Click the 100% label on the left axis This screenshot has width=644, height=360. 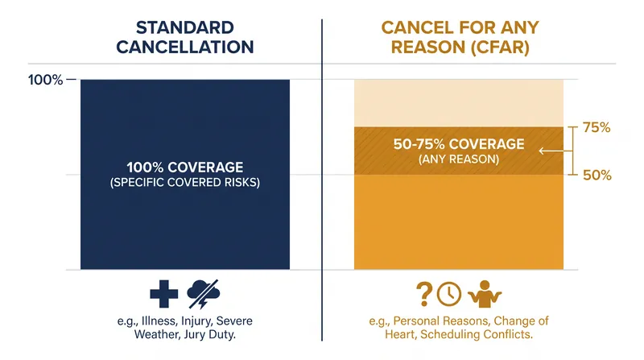pyautogui.click(x=45, y=79)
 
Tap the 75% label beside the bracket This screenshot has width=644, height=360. pyautogui.click(x=597, y=127)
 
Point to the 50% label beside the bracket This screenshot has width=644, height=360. pyautogui.click(x=597, y=175)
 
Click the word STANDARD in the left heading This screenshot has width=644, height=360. pyautogui.click(x=185, y=27)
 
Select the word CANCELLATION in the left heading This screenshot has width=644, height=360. pyautogui.click(x=185, y=47)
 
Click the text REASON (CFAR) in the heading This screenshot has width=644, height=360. pyautogui.click(x=460, y=47)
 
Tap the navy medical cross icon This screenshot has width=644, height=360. pyautogui.click(x=164, y=294)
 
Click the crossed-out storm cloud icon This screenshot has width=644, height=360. pyautogui.click(x=204, y=294)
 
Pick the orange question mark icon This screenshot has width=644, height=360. pyautogui.click(x=424, y=294)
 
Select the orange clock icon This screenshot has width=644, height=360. pyautogui.click(x=449, y=294)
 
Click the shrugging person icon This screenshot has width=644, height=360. pyautogui.click(x=485, y=294)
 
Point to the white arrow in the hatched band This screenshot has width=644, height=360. pyautogui.click(x=555, y=151)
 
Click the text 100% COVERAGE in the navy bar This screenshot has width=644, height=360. pyautogui.click(x=185, y=168)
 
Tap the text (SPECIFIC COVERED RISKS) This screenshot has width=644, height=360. pyautogui.click(x=185, y=182)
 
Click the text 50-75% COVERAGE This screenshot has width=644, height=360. pyautogui.click(x=459, y=144)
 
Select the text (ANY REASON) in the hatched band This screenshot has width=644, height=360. pyautogui.click(x=459, y=159)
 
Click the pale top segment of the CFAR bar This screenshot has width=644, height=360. pyautogui.click(x=459, y=103)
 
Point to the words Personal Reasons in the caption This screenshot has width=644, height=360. pyautogui.click(x=441, y=321)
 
